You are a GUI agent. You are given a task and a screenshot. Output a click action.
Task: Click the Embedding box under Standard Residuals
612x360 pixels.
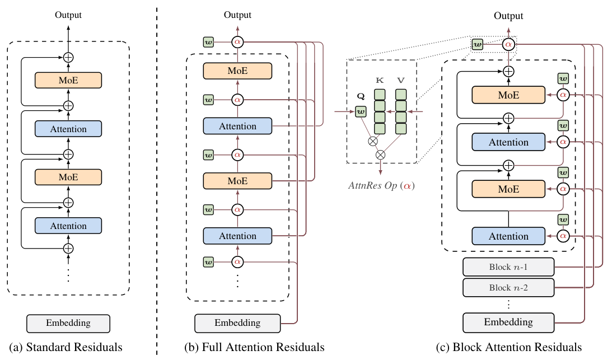[68, 323]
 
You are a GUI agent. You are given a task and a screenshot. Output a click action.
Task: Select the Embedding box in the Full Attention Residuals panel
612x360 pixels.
[237, 323]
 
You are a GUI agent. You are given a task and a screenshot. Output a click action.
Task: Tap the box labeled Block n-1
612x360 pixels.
[508, 267]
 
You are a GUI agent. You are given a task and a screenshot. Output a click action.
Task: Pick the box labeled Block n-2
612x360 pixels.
[508, 288]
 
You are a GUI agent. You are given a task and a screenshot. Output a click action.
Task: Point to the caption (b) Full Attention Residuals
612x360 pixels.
[254, 348]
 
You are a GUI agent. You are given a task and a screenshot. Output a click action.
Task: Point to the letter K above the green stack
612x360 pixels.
[380, 81]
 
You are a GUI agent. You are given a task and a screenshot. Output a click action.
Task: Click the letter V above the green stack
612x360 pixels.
[401, 81]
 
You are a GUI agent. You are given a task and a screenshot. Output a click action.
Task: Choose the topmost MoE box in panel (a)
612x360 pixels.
[68, 81]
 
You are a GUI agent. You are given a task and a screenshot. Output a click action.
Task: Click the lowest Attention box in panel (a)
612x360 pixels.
[68, 226]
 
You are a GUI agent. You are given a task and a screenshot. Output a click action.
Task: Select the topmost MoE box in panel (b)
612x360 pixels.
[237, 71]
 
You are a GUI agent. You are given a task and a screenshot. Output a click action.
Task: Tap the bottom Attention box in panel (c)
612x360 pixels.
[508, 236]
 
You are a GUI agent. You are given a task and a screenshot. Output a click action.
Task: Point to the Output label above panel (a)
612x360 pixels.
[68, 15]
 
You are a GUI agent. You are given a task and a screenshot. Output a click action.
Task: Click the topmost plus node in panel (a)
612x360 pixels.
[68, 57]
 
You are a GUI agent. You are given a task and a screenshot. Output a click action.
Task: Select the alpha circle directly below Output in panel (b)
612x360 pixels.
[237, 41]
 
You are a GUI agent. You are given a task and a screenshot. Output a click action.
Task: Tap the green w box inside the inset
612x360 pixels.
[361, 113]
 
